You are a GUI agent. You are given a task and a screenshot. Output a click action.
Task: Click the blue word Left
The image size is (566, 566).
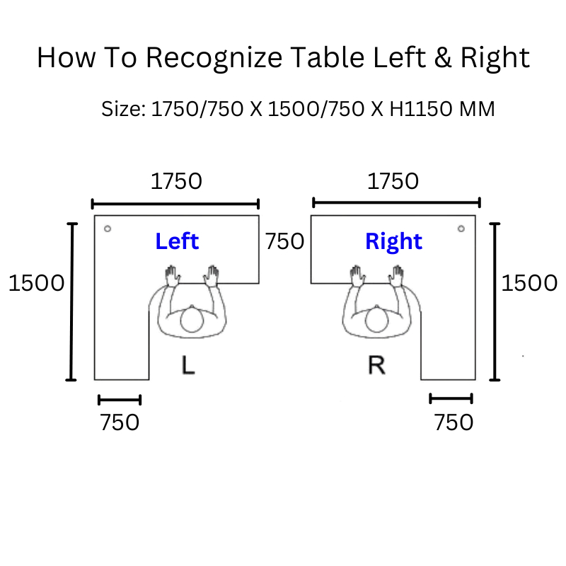pyautogui.click(x=177, y=241)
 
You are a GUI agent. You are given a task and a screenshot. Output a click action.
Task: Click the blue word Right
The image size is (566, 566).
pyautogui.click(x=393, y=241)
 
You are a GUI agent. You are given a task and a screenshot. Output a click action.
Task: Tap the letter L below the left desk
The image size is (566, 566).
pyautogui.click(x=187, y=366)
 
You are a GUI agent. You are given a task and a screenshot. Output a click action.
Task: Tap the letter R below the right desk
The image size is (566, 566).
pyautogui.click(x=376, y=366)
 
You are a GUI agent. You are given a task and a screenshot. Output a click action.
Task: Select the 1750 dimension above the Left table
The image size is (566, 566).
pyautogui.click(x=176, y=181)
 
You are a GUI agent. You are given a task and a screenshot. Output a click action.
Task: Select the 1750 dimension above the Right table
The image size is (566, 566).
pyautogui.click(x=393, y=181)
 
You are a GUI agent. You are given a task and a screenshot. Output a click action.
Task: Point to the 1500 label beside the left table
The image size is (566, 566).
pyautogui.click(x=36, y=283)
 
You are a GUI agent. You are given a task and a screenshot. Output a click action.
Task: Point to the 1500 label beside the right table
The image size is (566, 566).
pyautogui.click(x=529, y=283)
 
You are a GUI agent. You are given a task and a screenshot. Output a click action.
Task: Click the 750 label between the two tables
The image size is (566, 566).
pyautogui.click(x=284, y=241)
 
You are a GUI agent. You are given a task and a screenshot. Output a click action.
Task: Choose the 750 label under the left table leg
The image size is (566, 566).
pyautogui.click(x=120, y=422)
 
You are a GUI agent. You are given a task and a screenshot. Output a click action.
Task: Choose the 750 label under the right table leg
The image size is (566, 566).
pyautogui.click(x=453, y=422)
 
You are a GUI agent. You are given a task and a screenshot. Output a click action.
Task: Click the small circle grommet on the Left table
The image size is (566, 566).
pyautogui.click(x=108, y=229)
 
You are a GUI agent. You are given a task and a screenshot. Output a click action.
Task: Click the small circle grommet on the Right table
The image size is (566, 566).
pyautogui.click(x=461, y=229)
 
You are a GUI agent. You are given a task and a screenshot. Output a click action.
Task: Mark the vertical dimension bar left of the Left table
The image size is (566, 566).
pyautogui.click(x=71, y=301)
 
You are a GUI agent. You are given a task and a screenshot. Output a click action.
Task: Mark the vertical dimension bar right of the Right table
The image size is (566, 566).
pyautogui.click(x=495, y=301)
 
